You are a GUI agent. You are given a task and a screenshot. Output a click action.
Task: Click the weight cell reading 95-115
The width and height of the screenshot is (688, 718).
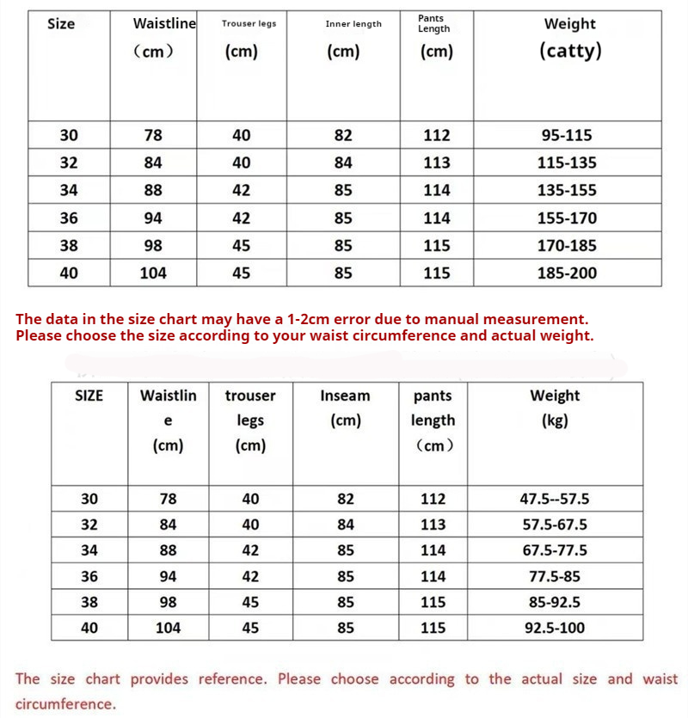[567, 135]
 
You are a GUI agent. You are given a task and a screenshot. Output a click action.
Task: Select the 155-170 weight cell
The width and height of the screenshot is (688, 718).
[567, 218]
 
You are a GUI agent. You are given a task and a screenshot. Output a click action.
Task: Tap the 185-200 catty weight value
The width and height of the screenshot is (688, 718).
[567, 273]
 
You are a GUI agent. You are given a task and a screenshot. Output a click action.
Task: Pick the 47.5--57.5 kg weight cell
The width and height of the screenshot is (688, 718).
[555, 499]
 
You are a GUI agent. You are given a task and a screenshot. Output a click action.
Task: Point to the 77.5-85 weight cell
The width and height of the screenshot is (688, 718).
[555, 576]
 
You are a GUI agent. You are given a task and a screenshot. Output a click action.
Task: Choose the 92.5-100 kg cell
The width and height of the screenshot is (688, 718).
[555, 628]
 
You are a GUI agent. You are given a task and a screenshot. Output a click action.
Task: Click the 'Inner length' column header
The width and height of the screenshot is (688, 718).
[353, 24]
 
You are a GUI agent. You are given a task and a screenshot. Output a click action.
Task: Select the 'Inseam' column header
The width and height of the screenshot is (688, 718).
[345, 396]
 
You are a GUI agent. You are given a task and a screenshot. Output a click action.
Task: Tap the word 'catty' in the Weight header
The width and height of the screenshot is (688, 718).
[570, 51]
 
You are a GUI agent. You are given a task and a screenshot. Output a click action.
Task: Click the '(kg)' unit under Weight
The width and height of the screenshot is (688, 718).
[555, 421]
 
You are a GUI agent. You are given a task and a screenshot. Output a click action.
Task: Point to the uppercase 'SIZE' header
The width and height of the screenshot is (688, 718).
[89, 396]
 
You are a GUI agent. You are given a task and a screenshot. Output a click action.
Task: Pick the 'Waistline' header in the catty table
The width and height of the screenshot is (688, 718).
[164, 24]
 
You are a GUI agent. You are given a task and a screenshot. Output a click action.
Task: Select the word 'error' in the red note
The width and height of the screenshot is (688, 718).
[342, 319]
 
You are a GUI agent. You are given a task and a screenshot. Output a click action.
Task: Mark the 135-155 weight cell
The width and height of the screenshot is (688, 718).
[567, 190]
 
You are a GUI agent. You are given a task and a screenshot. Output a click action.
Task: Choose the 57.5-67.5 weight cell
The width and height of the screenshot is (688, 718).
[555, 525]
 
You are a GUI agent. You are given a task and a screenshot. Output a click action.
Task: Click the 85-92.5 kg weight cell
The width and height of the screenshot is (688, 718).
[555, 602]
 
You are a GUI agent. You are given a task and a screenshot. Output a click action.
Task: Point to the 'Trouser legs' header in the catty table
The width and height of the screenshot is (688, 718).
[249, 24]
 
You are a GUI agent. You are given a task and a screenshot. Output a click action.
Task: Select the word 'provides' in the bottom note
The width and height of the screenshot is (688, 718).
[161, 679]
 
